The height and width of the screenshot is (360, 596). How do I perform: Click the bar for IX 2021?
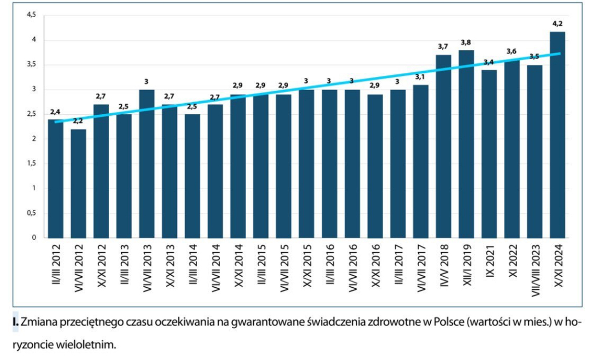(489, 154)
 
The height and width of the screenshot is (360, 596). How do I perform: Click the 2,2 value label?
(78, 122)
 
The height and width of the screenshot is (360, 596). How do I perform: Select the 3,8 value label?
(467, 42)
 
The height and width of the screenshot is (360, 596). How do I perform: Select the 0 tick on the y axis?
(34, 238)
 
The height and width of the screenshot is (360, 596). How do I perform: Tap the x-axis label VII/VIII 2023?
(535, 274)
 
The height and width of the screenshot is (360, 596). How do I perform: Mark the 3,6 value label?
(512, 52)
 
